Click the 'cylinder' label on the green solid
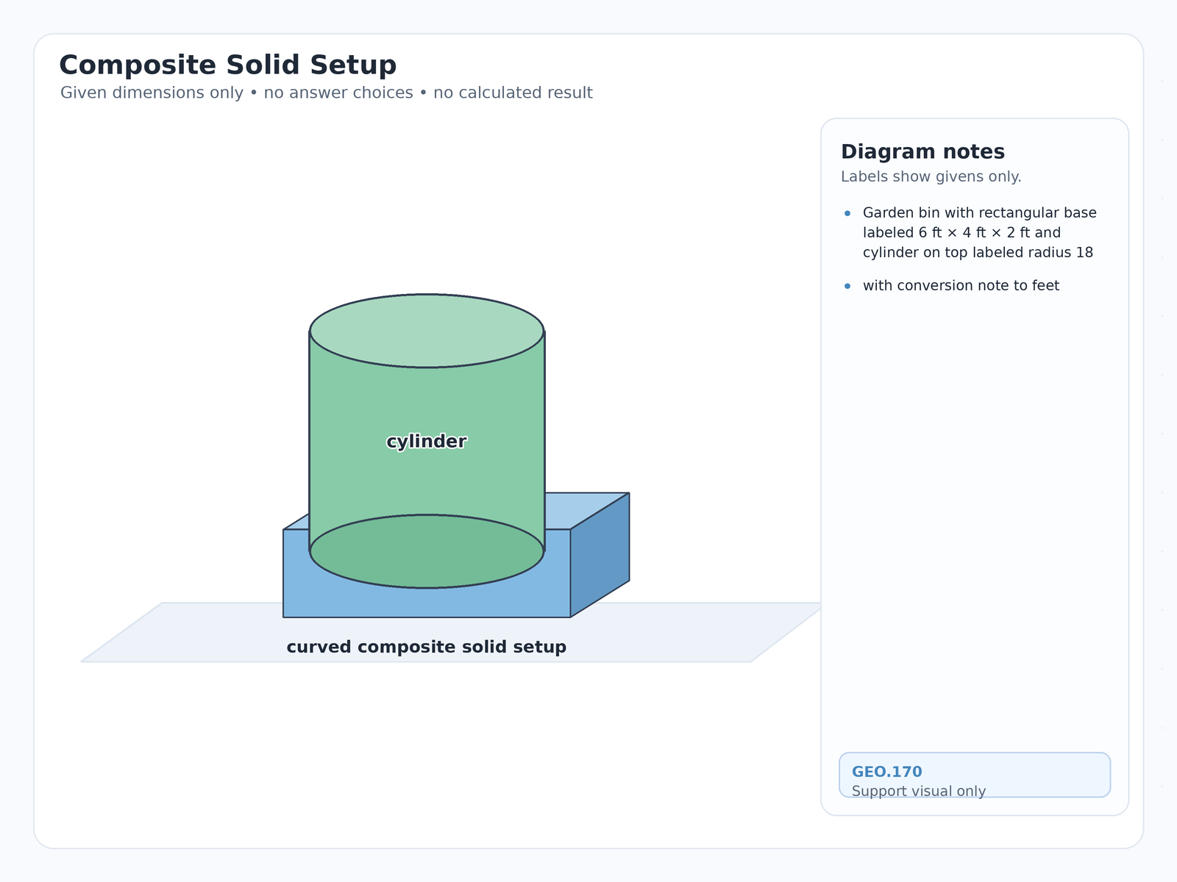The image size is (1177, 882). click(426, 442)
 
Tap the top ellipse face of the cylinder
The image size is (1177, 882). click(427, 331)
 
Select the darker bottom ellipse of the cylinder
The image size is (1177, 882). click(427, 551)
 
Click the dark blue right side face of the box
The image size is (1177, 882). click(600, 555)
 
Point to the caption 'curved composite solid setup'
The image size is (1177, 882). click(426, 647)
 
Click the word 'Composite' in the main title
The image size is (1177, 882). click(138, 65)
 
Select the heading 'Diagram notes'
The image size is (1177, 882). click(922, 151)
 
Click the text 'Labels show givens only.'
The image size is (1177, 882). click(931, 176)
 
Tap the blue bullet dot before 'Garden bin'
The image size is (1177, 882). click(847, 213)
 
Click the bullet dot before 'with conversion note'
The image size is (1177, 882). click(847, 286)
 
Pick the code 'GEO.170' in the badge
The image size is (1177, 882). click(887, 772)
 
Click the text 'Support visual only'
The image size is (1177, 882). click(919, 791)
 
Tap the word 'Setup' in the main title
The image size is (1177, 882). click(353, 65)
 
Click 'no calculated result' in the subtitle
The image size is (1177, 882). click(513, 93)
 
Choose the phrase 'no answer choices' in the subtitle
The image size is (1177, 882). click(338, 93)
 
